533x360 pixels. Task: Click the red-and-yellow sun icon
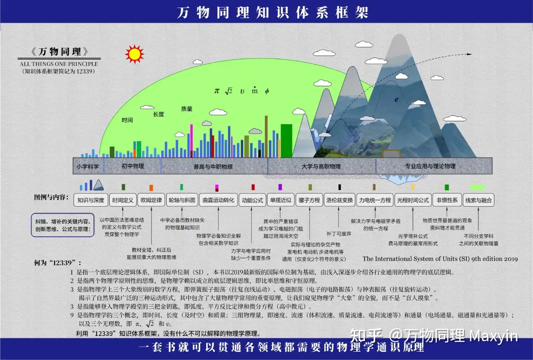pos(134,54)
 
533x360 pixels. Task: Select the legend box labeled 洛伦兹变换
pos(339,200)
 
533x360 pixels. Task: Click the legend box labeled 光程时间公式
pos(412,200)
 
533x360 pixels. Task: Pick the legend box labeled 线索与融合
pos(478,200)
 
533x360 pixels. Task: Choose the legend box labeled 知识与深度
pos(91,200)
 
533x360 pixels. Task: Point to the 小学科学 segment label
pos(88,166)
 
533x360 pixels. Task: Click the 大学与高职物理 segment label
pos(321,166)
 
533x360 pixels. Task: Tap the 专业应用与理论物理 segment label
pos(430,166)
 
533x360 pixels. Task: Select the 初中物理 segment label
pos(132,166)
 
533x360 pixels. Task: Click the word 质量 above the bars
pos(187,109)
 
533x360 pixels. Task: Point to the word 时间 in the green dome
pos(127,120)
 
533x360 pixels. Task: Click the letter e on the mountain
pos(396,100)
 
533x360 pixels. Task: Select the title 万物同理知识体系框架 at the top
pos(273,12)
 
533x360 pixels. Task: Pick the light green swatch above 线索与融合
pos(477,187)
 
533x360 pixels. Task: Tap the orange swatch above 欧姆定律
pos(151,187)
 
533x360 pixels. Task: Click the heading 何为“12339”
pos(58,263)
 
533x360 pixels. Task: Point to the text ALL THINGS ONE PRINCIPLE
pos(59,64)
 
